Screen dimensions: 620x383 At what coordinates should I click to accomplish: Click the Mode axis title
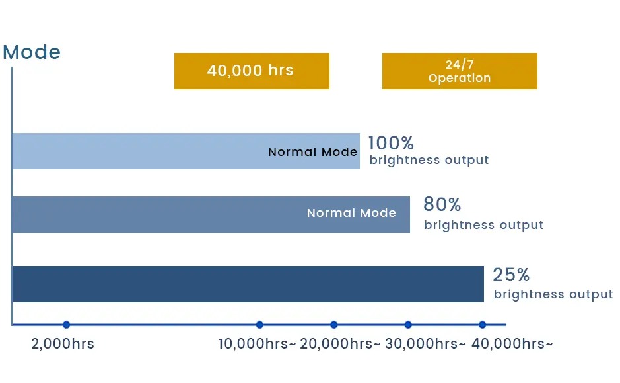(32, 52)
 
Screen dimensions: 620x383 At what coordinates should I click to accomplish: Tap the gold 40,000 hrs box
(252, 71)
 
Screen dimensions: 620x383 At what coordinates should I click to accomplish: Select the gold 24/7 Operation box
(460, 71)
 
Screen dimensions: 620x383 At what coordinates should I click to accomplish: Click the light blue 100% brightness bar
(186, 151)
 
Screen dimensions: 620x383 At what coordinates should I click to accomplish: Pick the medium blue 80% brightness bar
(211, 215)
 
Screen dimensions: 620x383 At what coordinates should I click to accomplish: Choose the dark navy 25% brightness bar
(248, 284)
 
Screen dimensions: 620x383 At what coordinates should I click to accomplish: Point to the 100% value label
(391, 143)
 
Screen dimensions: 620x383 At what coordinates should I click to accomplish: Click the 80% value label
(442, 204)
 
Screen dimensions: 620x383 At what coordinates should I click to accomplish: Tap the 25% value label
(511, 275)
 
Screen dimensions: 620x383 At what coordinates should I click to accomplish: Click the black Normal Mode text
(312, 152)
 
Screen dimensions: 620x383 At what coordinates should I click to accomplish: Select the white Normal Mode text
(351, 213)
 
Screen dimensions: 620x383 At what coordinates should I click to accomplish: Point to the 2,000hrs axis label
(63, 344)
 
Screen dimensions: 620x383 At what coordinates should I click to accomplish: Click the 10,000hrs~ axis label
(257, 344)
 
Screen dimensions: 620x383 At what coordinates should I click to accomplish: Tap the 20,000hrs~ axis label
(340, 344)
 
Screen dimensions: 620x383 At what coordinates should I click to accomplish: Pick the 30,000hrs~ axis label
(425, 344)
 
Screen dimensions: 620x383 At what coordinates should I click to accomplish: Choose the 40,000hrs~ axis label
(512, 344)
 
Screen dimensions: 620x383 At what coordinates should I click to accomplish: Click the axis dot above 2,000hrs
(67, 325)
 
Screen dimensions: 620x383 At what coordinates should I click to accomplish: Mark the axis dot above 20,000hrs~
(334, 325)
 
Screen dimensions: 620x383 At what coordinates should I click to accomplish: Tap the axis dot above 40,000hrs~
(483, 325)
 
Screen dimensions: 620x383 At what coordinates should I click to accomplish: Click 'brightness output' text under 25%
(553, 294)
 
